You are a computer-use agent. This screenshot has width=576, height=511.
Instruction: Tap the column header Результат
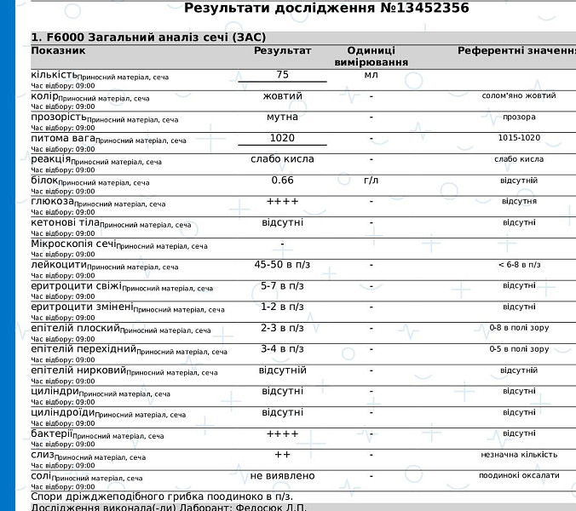click(x=282, y=51)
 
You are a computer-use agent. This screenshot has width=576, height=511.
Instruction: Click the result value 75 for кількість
click(x=282, y=75)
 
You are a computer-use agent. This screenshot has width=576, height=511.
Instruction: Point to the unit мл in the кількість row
click(x=371, y=75)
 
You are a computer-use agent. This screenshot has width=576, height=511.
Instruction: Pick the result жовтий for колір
click(x=282, y=96)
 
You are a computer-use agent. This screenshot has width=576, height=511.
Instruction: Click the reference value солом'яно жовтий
click(x=519, y=96)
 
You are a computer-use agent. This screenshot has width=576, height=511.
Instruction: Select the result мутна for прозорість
click(x=282, y=117)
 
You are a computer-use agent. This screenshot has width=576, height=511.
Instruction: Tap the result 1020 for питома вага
click(x=282, y=138)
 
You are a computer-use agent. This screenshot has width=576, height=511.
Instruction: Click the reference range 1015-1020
click(x=519, y=138)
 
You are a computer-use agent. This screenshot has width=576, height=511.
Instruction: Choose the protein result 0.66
click(x=282, y=181)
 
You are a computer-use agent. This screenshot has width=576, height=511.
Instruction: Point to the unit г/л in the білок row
click(x=371, y=181)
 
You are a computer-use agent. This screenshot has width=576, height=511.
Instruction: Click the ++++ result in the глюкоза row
click(x=282, y=202)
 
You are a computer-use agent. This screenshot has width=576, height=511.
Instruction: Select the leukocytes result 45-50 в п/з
click(x=282, y=265)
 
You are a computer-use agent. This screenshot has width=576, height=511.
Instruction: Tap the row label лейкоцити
click(x=58, y=265)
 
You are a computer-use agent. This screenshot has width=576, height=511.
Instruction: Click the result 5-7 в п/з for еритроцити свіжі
click(x=282, y=286)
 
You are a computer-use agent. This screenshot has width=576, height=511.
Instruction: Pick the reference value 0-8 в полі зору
click(x=519, y=328)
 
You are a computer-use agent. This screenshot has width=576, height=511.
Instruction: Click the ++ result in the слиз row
click(x=282, y=455)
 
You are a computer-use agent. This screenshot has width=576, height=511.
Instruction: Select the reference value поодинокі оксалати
click(x=519, y=475)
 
